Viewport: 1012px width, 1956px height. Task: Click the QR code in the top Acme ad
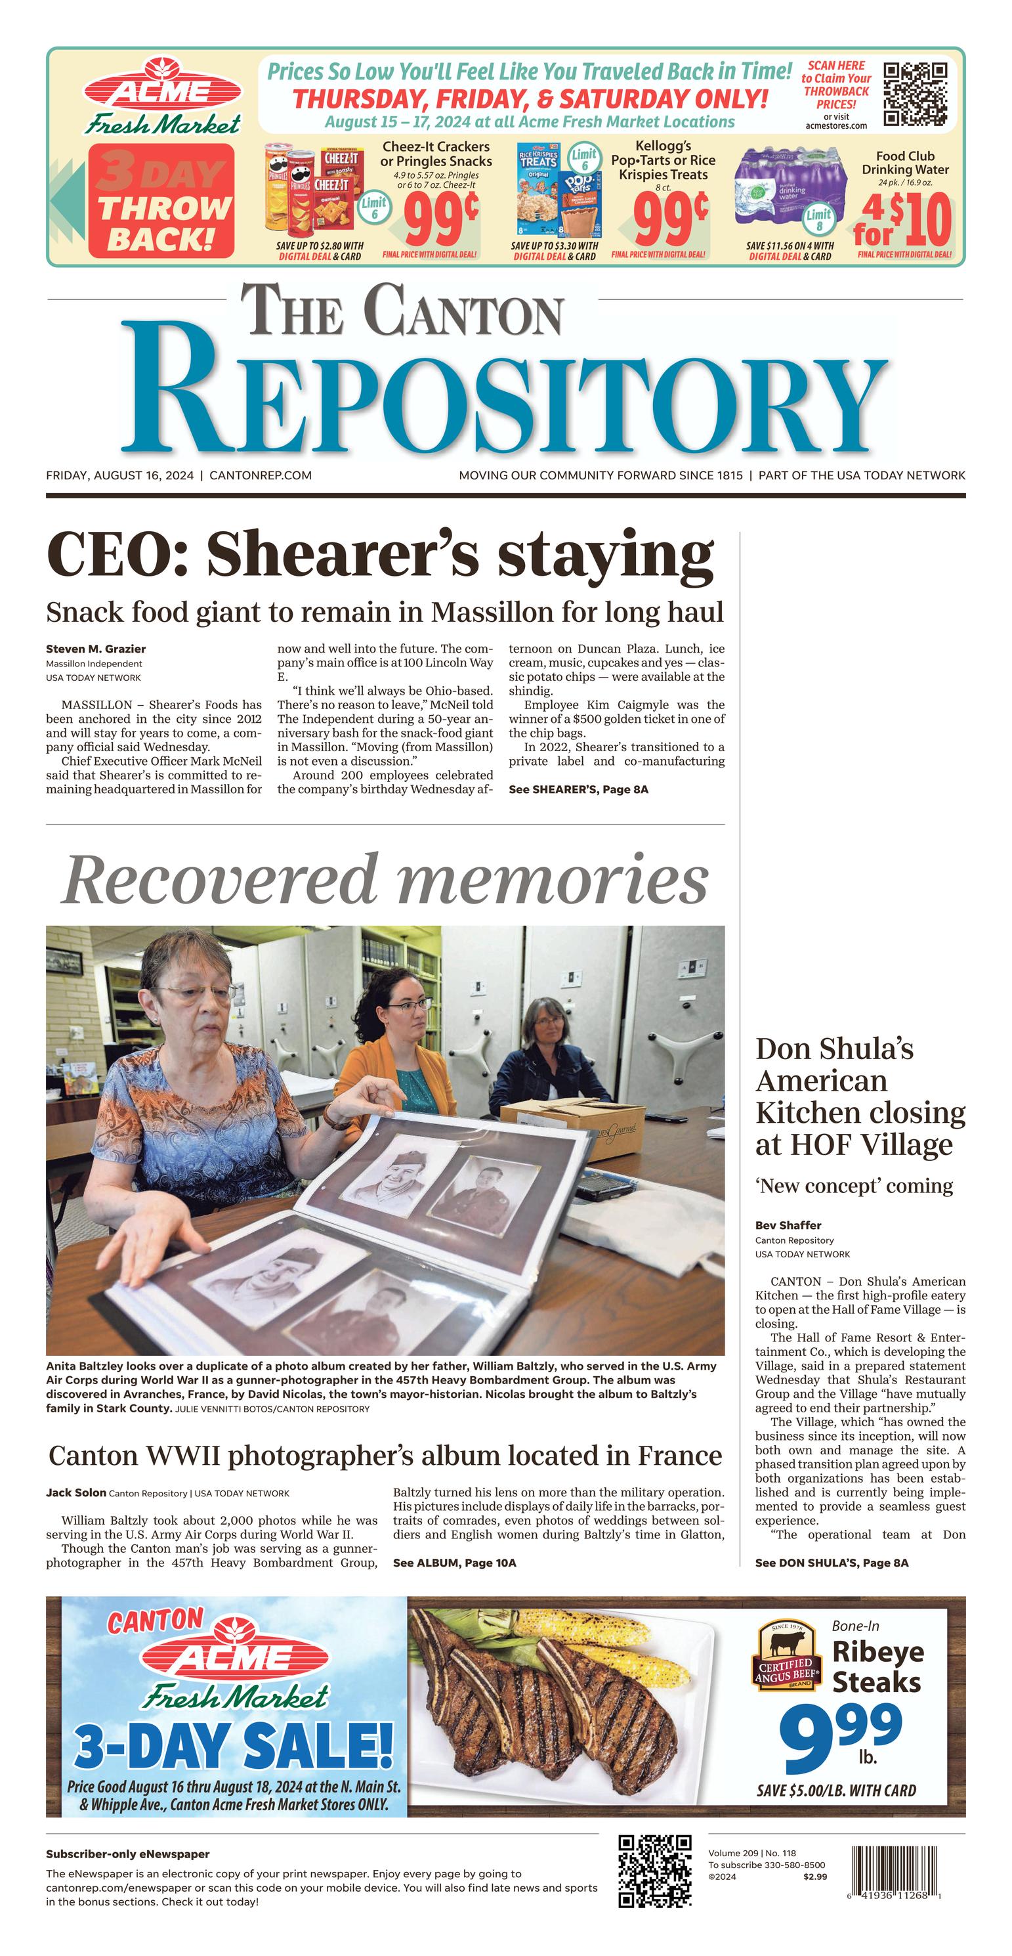click(x=915, y=94)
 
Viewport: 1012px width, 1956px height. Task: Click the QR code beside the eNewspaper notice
click(x=654, y=1870)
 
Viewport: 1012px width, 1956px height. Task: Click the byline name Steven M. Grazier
click(x=96, y=649)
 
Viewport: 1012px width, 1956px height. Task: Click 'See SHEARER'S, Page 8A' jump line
click(x=578, y=789)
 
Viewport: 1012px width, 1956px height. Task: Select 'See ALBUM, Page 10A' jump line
click(x=454, y=1563)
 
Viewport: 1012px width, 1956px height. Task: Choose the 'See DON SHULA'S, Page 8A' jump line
click(x=832, y=1563)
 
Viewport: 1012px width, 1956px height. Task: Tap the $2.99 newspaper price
click(x=814, y=1877)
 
